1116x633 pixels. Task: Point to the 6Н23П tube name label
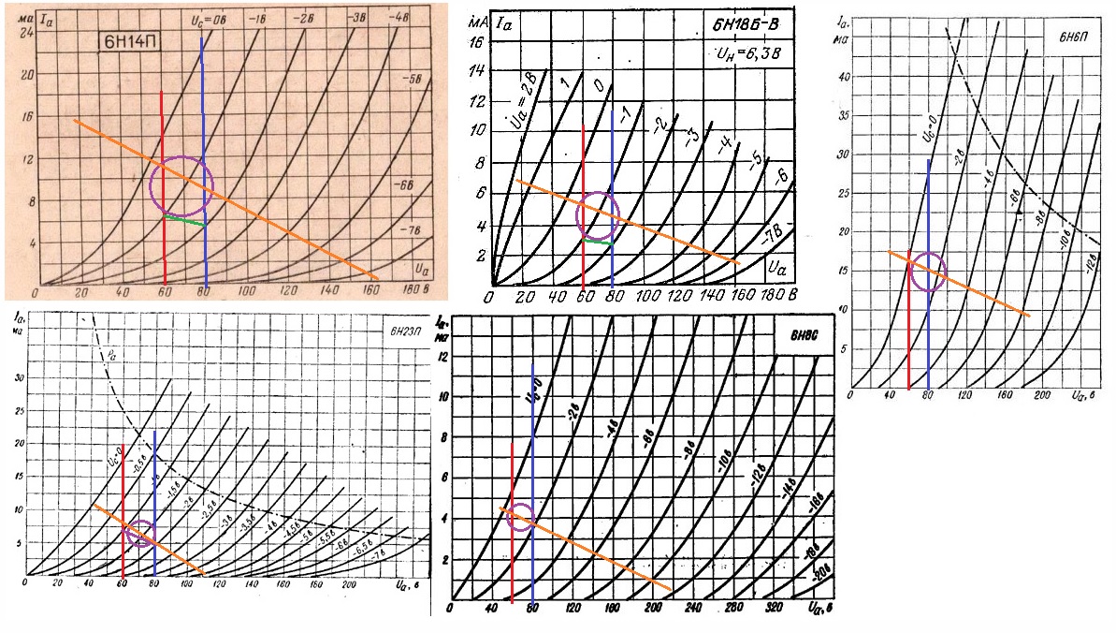tap(408, 330)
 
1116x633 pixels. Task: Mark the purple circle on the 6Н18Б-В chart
tap(598, 214)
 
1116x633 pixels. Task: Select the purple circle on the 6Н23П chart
tap(140, 533)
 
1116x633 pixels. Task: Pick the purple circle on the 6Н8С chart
tap(520, 517)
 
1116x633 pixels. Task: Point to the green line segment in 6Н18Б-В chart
tap(598, 242)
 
